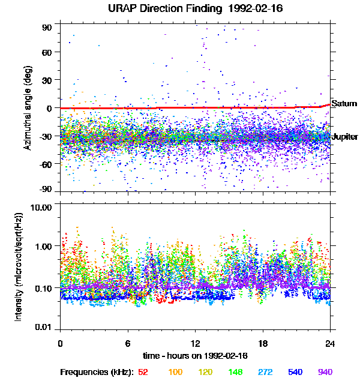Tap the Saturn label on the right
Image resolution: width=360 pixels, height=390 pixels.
click(344, 104)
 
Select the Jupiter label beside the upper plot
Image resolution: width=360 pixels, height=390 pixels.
click(344, 137)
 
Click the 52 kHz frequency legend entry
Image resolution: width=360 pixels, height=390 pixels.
click(143, 372)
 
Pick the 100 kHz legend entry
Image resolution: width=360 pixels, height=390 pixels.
click(175, 372)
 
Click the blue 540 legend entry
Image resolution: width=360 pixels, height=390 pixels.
click(295, 372)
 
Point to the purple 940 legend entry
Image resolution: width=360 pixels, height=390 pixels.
click(325, 372)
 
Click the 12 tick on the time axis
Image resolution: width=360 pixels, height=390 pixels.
click(195, 343)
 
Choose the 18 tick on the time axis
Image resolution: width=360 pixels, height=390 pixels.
click(262, 343)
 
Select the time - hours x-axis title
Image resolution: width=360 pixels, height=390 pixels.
click(194, 356)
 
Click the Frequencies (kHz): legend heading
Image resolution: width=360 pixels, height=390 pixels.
click(97, 372)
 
